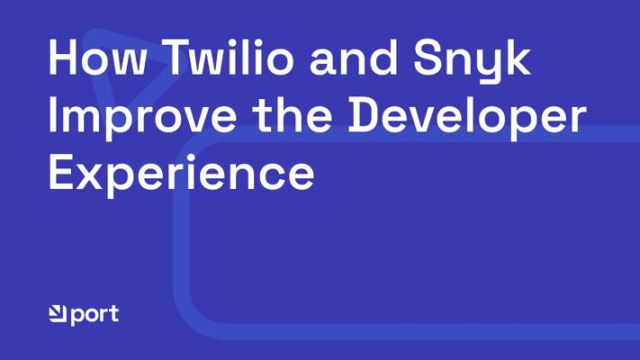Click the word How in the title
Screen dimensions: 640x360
click(96, 57)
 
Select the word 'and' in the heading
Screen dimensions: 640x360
click(354, 57)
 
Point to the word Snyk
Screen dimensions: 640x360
click(473, 61)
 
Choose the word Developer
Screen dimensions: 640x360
click(467, 118)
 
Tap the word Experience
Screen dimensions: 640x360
click(182, 175)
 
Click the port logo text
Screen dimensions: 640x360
click(95, 315)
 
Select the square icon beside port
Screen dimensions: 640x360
click(58, 313)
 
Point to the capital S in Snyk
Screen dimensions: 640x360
click(428, 57)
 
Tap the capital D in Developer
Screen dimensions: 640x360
click(365, 114)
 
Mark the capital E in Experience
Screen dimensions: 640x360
click(62, 171)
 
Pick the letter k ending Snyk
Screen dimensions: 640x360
click(518, 57)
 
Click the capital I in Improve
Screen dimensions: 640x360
click(52, 114)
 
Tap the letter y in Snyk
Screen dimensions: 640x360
click(487, 67)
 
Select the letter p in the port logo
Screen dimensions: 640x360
click(78, 317)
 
